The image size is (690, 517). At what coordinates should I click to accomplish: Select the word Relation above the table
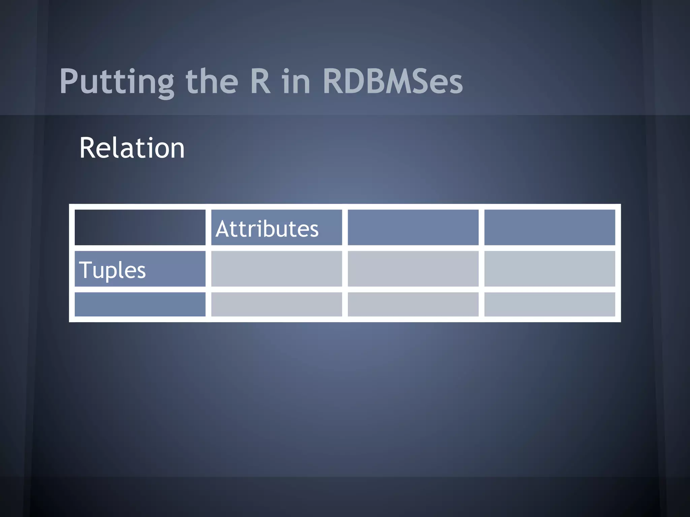(132, 148)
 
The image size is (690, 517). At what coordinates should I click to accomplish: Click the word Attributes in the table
(267, 229)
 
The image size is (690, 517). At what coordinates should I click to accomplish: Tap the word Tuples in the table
(112, 270)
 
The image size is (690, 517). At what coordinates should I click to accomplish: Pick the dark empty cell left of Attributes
(140, 227)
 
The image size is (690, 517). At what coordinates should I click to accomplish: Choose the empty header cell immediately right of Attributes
(413, 227)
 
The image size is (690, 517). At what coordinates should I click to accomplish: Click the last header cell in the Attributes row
(550, 227)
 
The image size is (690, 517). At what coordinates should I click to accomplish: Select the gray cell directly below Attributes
(276, 269)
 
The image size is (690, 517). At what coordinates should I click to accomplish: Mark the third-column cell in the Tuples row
(413, 269)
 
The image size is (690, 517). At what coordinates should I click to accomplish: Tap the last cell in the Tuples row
(550, 269)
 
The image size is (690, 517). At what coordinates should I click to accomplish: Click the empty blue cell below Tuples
(140, 304)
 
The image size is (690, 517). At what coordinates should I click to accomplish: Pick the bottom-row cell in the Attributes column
(276, 304)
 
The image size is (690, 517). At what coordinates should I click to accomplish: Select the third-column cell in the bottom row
(413, 304)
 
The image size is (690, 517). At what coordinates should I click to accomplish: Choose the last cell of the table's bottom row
(550, 304)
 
